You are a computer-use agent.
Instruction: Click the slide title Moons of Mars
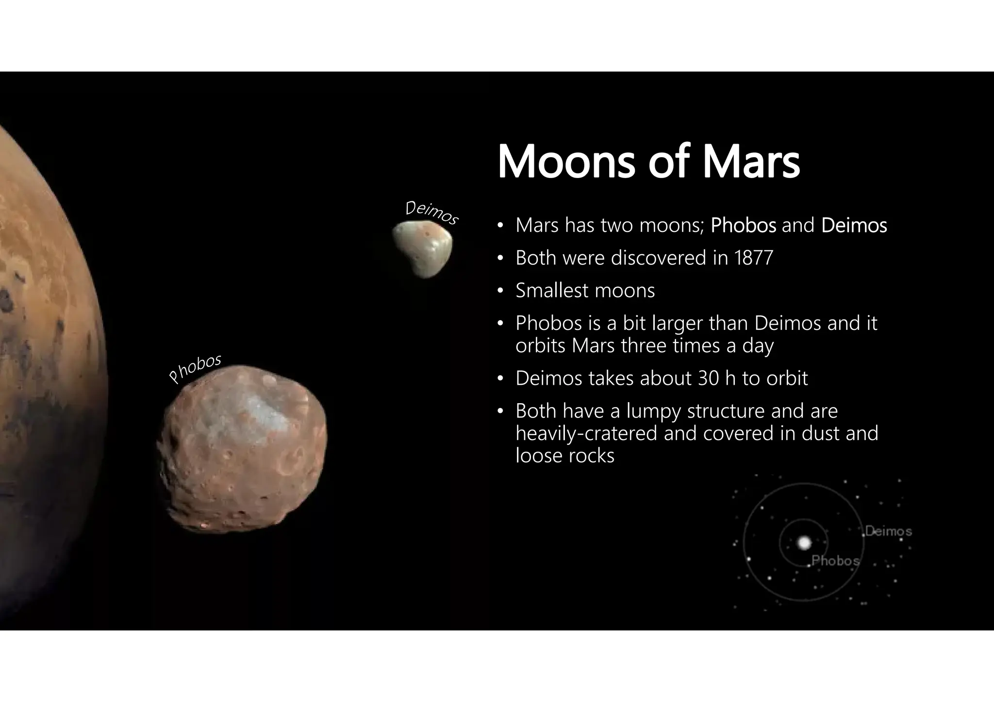(x=648, y=162)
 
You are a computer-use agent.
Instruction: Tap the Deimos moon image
(x=423, y=249)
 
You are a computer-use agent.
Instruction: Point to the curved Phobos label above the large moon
(x=195, y=368)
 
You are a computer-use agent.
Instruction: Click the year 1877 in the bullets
(x=753, y=258)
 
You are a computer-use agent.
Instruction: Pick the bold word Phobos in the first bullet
(x=743, y=226)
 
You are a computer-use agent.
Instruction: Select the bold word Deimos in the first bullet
(x=854, y=226)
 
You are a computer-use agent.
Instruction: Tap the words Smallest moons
(x=585, y=291)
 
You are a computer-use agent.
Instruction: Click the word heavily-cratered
(x=586, y=433)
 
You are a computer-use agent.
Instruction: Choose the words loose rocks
(x=565, y=456)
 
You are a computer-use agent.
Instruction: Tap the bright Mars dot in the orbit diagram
(x=804, y=542)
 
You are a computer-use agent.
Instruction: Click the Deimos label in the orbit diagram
(x=888, y=531)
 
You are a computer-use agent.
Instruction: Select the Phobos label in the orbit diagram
(x=835, y=561)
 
